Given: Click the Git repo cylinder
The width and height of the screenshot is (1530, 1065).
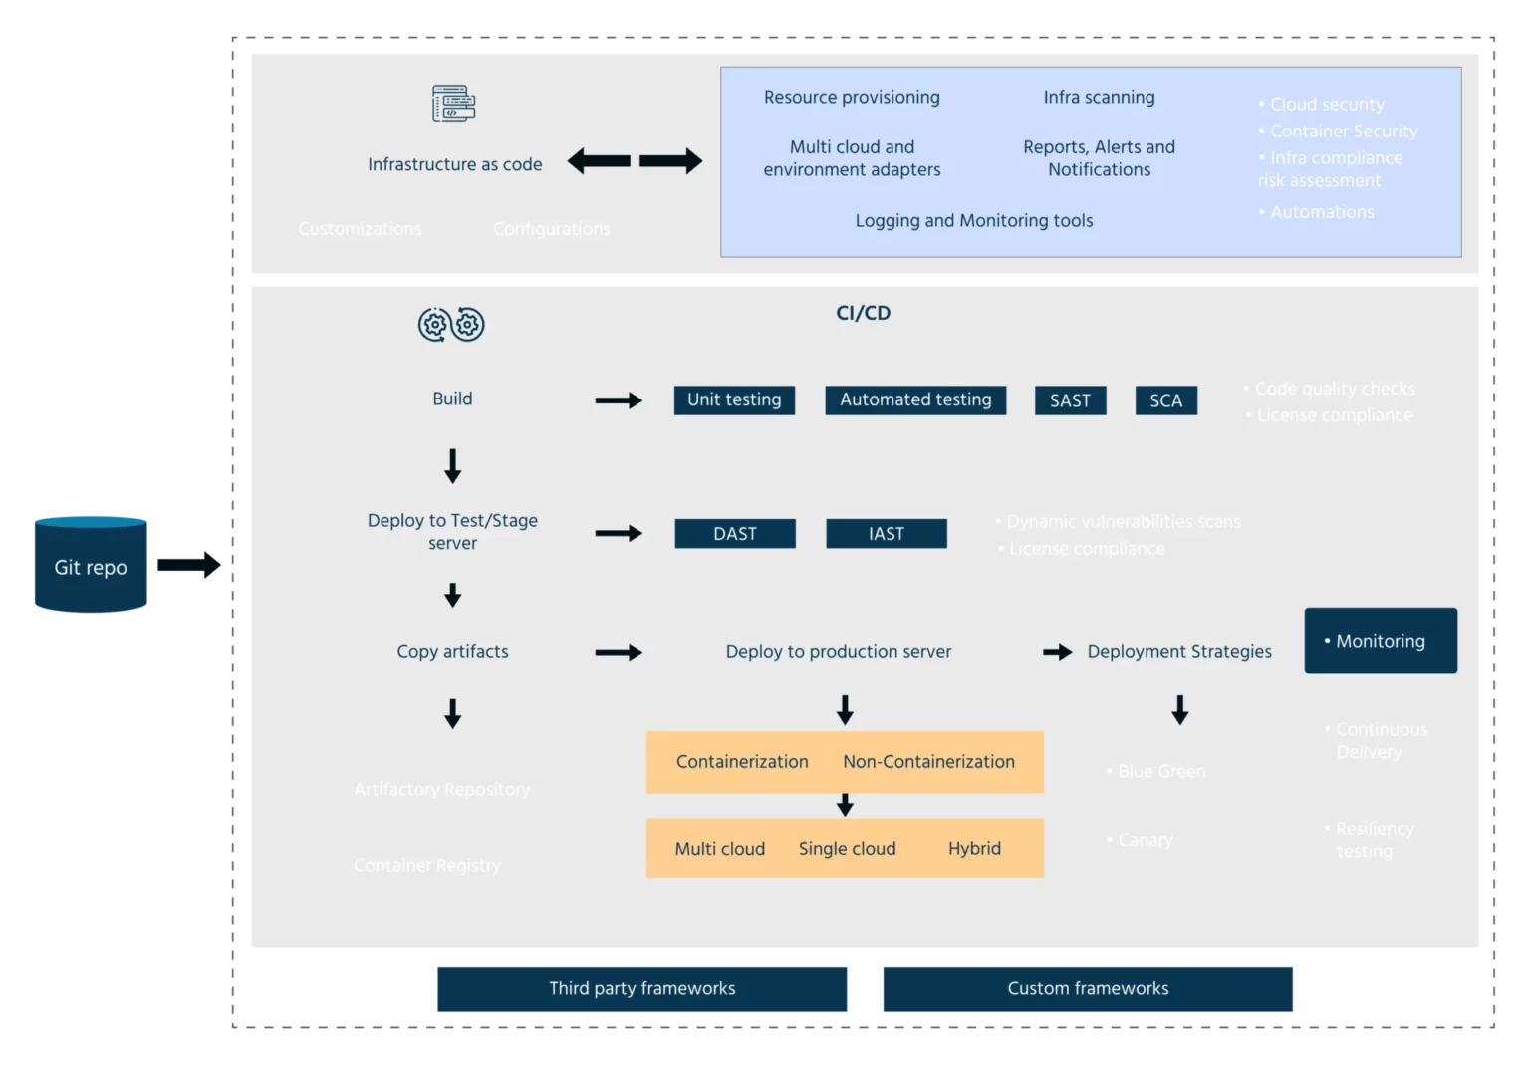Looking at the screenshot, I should coord(91,564).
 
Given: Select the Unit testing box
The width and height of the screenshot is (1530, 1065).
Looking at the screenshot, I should coord(734,399).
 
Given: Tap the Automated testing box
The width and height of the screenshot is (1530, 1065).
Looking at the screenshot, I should coord(915,399).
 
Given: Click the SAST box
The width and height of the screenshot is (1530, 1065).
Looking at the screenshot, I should coord(1070,400).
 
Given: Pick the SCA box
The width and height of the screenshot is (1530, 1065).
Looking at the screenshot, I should coord(1165,400).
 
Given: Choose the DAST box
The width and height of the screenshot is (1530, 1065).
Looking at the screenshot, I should coord(734,533).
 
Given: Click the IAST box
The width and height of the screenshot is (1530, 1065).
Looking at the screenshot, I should coord(886,533).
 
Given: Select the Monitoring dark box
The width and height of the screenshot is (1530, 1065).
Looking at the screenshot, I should coord(1380,641).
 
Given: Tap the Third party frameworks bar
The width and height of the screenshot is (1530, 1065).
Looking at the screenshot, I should coord(641,988).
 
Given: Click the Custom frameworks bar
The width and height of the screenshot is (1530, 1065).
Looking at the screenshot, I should coord(1088,988).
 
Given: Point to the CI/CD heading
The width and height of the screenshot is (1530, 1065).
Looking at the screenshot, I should coord(863,313).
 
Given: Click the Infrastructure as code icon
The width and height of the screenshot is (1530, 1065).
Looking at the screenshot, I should coord(453,103).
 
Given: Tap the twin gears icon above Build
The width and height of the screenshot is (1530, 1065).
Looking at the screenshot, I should coord(451,324).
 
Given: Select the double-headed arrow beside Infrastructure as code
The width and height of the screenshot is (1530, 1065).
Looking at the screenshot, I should coord(635,161).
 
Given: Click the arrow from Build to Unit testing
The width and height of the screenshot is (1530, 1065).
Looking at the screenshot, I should coord(619,400).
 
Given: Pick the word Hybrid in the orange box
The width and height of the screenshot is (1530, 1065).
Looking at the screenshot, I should coord(974,848).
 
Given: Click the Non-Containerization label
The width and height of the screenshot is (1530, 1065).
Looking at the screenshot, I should coord(928,761).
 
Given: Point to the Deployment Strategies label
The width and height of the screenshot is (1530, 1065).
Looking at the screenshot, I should coord(1178,651).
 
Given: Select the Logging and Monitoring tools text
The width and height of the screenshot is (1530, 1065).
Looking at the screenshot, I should coord(973,220).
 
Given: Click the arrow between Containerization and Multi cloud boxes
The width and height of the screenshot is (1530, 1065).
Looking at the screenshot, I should coord(845,805).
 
